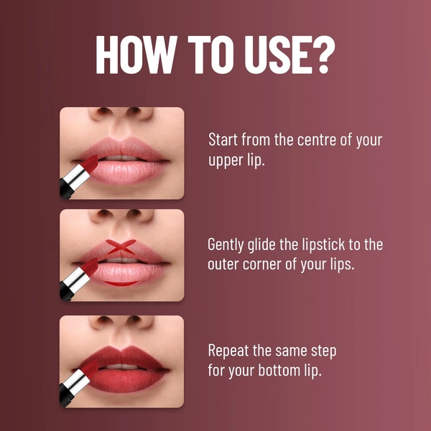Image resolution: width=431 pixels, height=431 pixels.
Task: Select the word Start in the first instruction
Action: (x=223, y=139)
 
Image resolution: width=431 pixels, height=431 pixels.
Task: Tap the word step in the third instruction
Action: (x=322, y=351)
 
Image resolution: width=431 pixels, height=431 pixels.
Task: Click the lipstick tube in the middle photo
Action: (x=78, y=279)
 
